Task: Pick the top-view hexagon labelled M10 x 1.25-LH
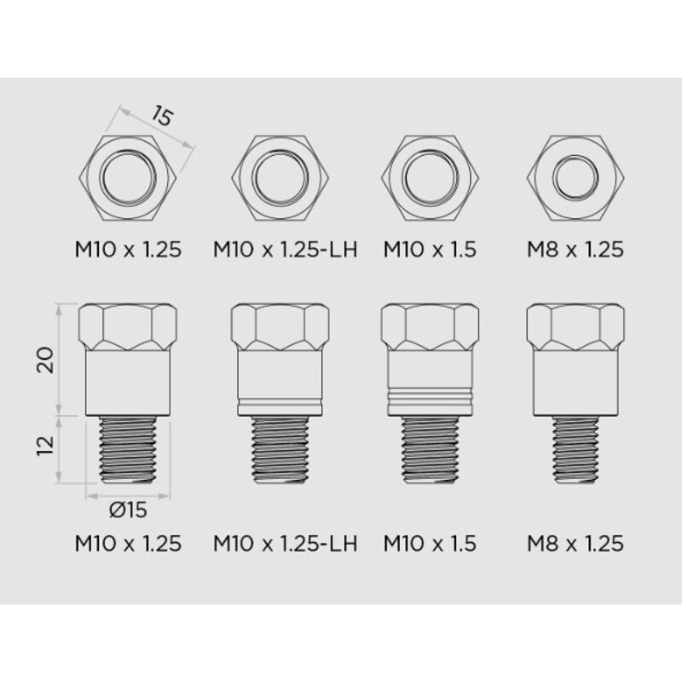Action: point(282,178)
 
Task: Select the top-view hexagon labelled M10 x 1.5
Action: point(429,178)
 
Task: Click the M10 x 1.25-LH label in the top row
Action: point(284,250)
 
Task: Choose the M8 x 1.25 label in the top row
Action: point(575,250)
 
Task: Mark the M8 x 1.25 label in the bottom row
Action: point(575,543)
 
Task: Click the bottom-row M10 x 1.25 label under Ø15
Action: point(128,543)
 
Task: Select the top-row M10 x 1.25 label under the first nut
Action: point(128,250)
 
